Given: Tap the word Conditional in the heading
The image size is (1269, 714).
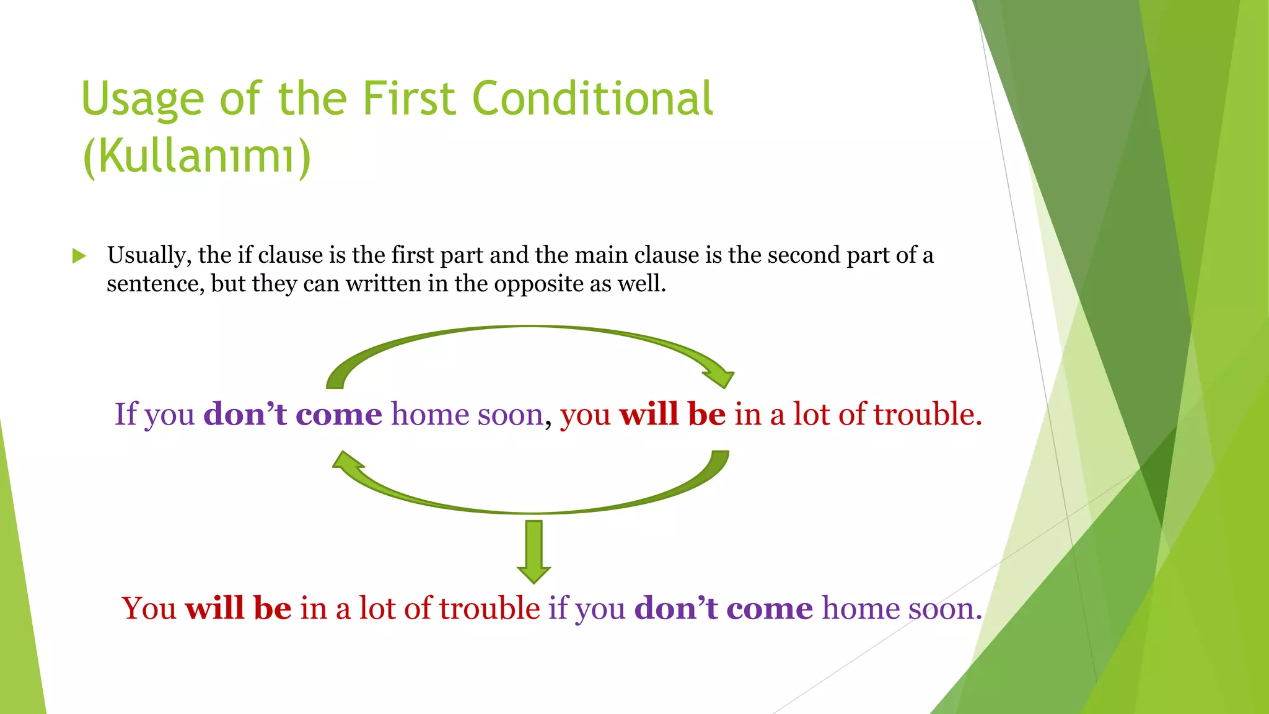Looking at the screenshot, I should tap(592, 99).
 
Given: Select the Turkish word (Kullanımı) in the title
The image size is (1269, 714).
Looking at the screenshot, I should tap(196, 156).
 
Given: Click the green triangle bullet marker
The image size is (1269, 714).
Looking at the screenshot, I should tap(79, 255).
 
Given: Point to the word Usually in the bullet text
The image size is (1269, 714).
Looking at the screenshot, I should tap(149, 255).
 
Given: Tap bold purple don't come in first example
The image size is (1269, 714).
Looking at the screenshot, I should tap(292, 413).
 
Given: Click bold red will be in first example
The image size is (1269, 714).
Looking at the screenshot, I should tap(672, 413).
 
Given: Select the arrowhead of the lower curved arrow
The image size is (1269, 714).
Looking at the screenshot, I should tap(348, 462).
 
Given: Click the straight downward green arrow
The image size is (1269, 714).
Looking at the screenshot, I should tap(534, 552).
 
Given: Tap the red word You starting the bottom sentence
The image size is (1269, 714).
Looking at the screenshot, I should tap(149, 608).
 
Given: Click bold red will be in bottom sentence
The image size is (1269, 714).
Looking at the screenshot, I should tap(238, 608).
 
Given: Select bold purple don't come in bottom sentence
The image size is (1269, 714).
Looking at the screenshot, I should tap(723, 608).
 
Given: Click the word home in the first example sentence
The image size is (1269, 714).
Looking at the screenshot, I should tap(429, 413).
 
